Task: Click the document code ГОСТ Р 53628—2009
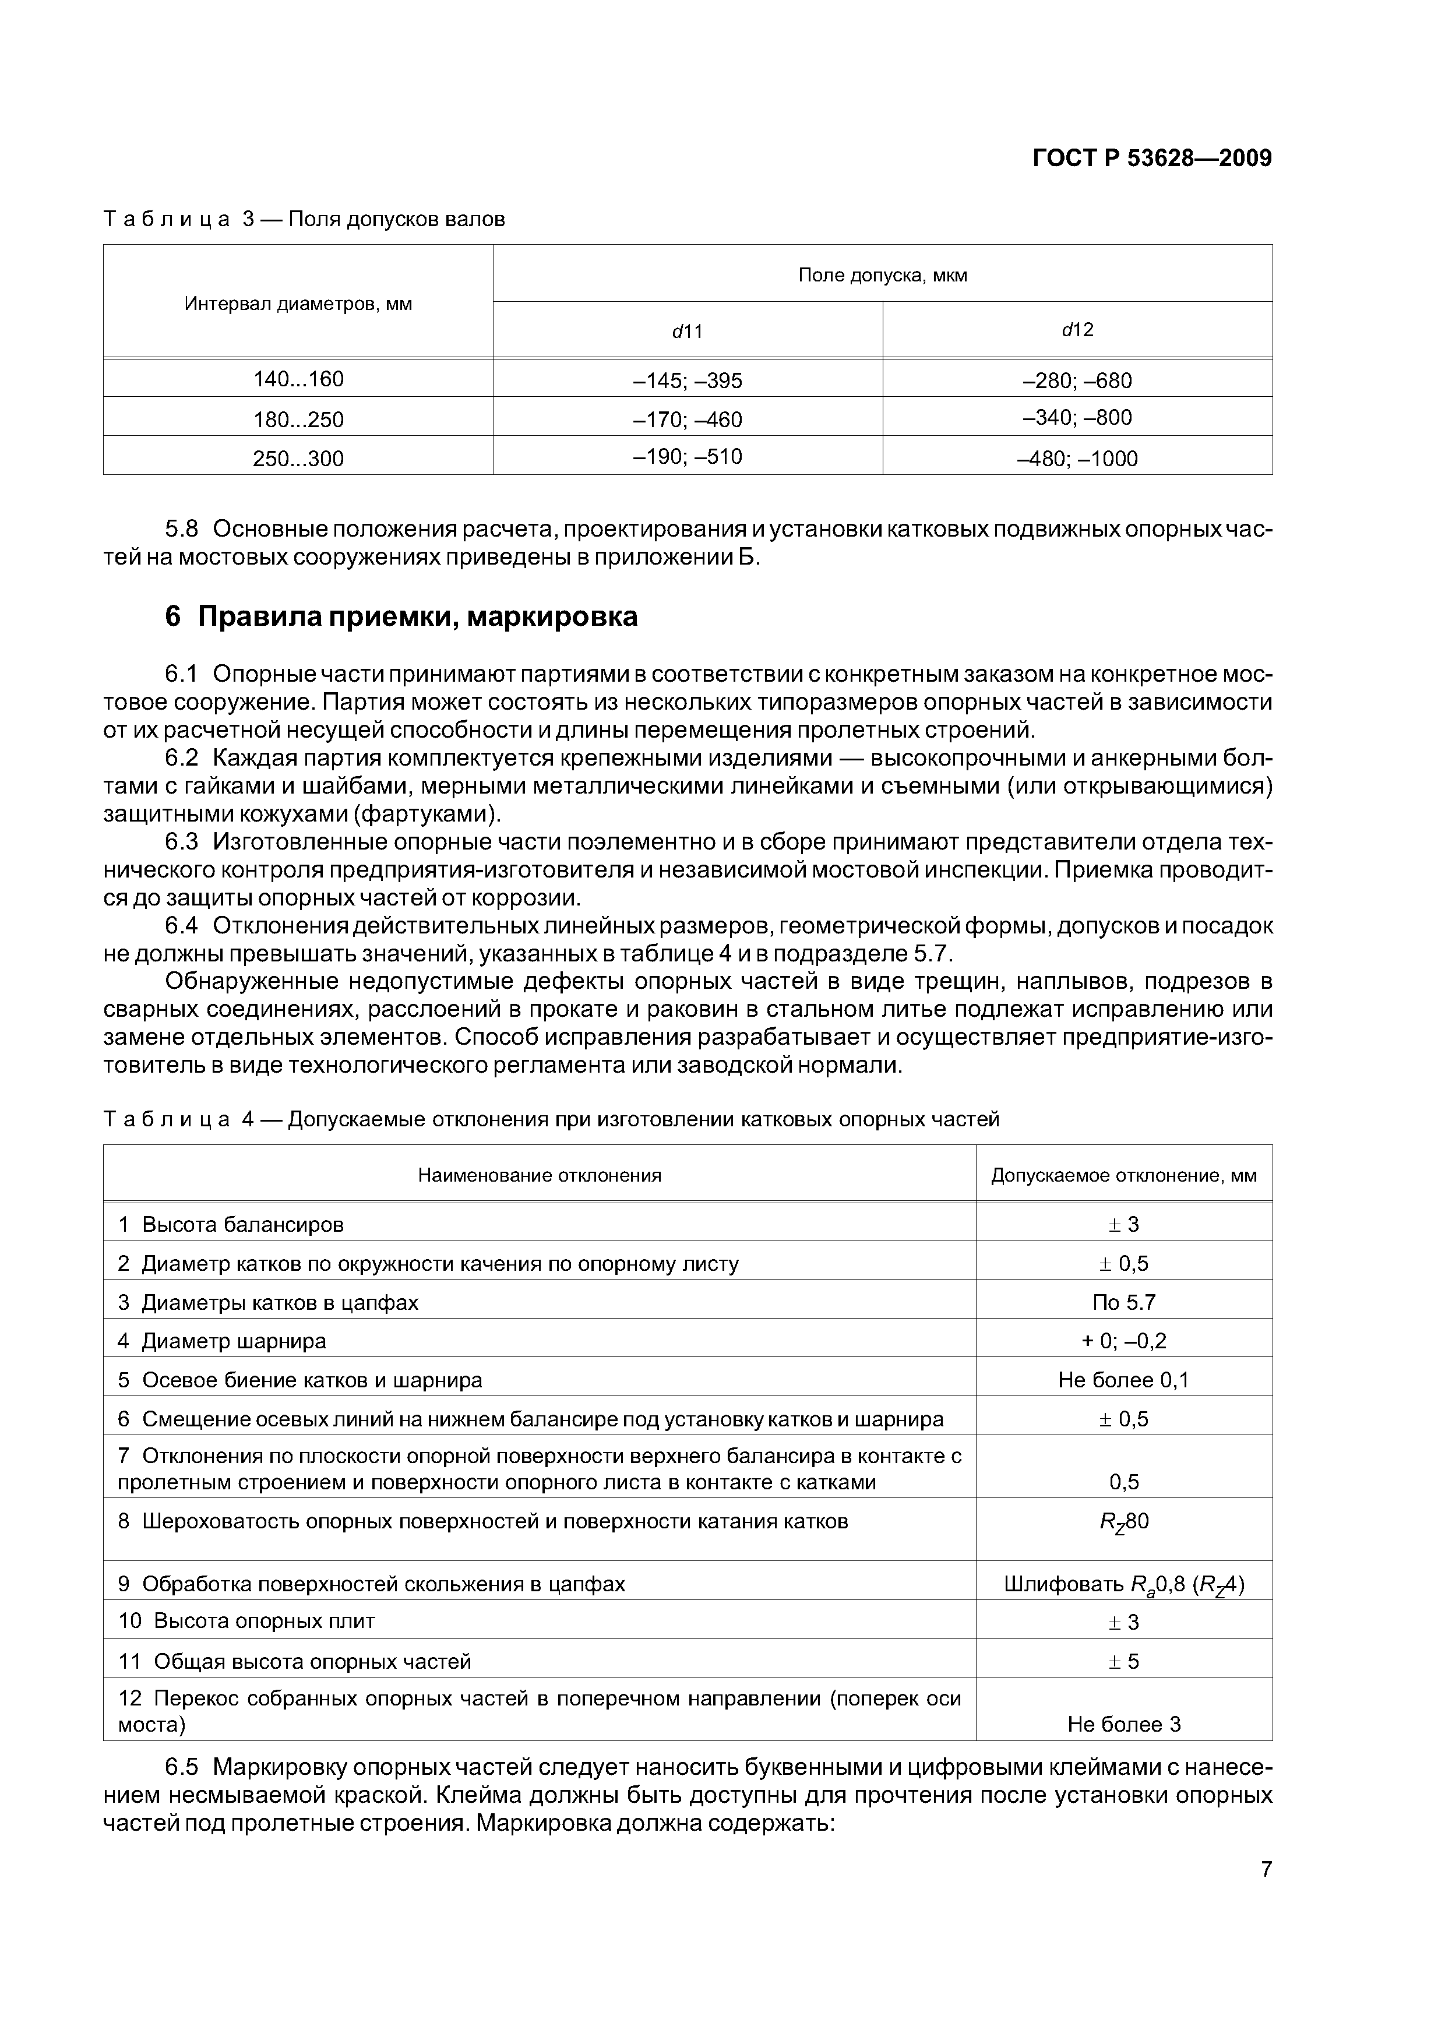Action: [x=1151, y=158]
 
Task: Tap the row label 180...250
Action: [x=298, y=420]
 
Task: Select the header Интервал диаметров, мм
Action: [x=298, y=304]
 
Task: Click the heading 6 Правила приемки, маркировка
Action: [x=401, y=616]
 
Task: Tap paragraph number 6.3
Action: [x=182, y=841]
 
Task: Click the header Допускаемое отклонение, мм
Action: [x=1123, y=1175]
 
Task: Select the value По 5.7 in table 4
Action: [x=1123, y=1302]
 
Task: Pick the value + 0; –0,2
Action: [x=1123, y=1341]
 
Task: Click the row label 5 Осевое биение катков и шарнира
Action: [x=300, y=1380]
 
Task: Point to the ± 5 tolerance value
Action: [x=1123, y=1661]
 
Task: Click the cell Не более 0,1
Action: [x=1123, y=1380]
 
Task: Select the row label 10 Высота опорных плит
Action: [x=246, y=1620]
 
